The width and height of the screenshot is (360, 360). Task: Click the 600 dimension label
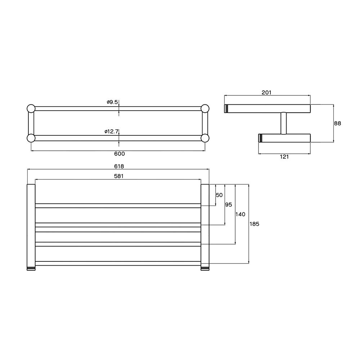pos(120,154)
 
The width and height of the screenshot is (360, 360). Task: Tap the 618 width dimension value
pos(120,166)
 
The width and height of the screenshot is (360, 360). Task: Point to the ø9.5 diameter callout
pos(112,102)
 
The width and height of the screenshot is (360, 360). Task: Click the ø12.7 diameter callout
pos(112,131)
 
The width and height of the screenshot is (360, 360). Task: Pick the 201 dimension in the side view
pos(266,93)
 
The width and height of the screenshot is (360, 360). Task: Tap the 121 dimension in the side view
pos(284,157)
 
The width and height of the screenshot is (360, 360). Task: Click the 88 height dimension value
pos(337,123)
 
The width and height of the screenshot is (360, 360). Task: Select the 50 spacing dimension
pos(219,195)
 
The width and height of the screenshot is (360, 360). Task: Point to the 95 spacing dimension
pos(228,204)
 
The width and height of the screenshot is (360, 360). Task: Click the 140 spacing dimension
pos(240,214)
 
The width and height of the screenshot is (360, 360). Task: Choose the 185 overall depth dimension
pos(254,224)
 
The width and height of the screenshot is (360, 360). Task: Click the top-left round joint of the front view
pos(31,108)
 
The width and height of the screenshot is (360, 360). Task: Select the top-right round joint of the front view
pos(205,108)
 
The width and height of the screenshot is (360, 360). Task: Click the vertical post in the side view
pos(283,123)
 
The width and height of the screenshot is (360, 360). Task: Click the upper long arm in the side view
pos(268,109)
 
